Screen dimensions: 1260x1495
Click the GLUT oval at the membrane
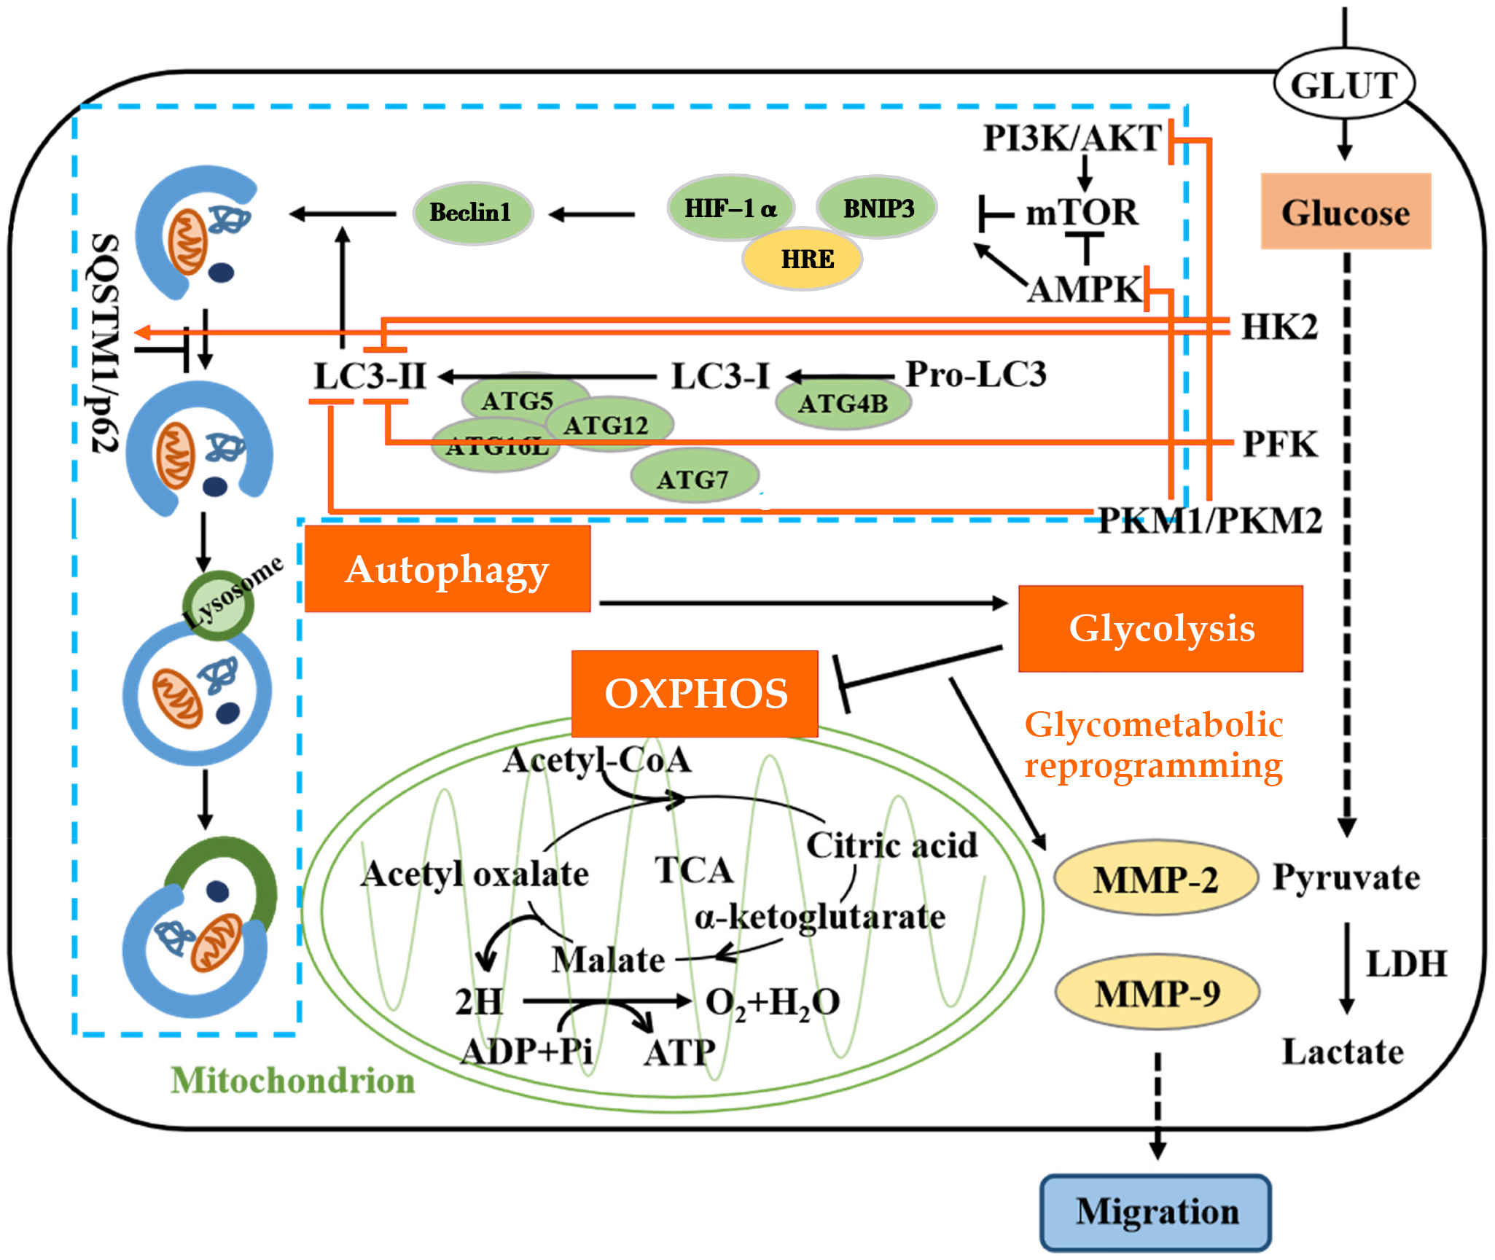[x=1344, y=85]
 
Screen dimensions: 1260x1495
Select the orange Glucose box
[x=1346, y=212]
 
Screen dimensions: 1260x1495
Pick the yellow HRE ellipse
[x=803, y=259]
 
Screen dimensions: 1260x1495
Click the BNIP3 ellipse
[x=878, y=208]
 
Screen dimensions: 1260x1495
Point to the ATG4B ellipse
[x=843, y=403]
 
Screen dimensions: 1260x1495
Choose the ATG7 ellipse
[x=693, y=479]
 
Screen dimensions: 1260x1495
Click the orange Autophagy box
[x=447, y=569]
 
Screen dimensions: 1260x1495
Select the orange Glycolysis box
[x=1160, y=628]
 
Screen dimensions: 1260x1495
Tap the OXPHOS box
[x=695, y=693]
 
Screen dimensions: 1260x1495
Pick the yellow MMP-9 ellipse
[x=1158, y=993]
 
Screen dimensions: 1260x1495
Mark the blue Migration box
[x=1156, y=1212]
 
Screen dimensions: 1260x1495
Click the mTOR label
[x=1082, y=213]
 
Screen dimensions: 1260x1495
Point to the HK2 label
[x=1280, y=327]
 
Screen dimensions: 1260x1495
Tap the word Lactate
[x=1343, y=1052]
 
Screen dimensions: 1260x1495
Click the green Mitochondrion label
[x=292, y=1080]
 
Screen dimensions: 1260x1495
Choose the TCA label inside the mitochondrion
[x=693, y=870]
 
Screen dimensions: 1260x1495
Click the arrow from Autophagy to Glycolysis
[x=802, y=603]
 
